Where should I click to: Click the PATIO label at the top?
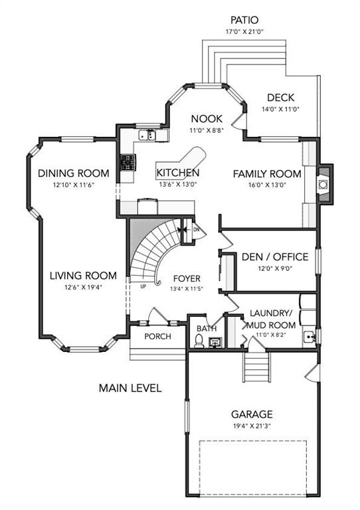pos(244,20)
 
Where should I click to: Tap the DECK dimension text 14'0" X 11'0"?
pos(280,110)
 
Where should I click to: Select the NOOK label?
pos(207,119)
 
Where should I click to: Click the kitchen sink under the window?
pos(147,135)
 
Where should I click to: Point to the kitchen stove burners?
pos(128,162)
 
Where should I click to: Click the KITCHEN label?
pos(178,173)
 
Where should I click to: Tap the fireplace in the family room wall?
pos(323,185)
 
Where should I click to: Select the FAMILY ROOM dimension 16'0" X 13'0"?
pos(267,185)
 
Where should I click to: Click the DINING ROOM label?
pos(74,173)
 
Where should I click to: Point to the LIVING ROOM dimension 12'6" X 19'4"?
pos(83,287)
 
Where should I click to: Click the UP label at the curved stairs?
pos(143,287)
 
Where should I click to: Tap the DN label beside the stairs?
pos(196,229)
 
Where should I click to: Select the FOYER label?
pos(187,278)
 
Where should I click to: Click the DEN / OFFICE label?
pos(275,256)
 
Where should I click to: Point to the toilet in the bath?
pos(199,341)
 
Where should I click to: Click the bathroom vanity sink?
pos(215,342)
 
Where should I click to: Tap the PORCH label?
pos(157,336)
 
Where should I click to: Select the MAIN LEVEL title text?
pos(130,388)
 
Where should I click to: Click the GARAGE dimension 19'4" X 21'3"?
pos(252,426)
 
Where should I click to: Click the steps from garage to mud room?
pos(257,367)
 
